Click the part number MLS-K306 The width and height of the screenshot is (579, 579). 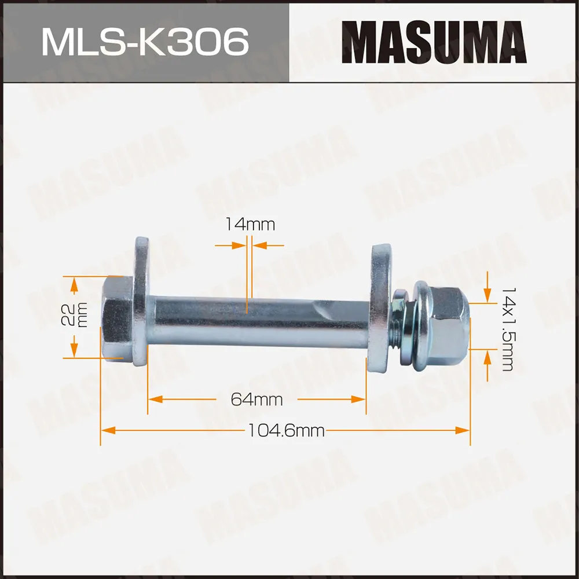click(145, 42)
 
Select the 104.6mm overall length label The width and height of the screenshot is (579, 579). click(286, 430)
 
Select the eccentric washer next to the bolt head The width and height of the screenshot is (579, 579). click(141, 301)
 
